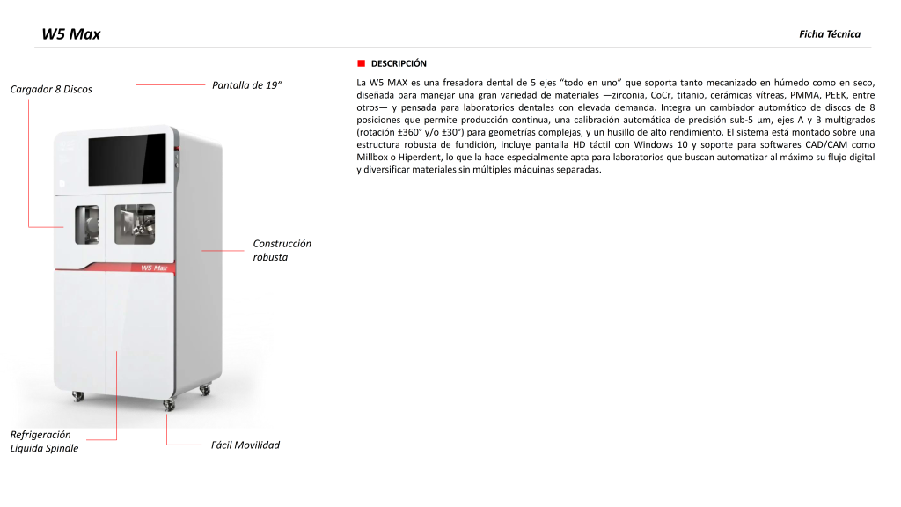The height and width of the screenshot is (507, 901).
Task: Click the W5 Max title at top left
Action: (71, 34)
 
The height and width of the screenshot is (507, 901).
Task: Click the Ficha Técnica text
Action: (829, 34)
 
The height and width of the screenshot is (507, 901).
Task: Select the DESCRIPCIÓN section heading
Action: (399, 64)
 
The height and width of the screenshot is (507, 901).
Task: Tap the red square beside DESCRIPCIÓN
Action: (361, 64)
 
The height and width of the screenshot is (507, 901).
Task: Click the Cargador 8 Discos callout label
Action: (50, 89)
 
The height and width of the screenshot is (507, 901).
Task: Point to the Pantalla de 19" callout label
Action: (247, 85)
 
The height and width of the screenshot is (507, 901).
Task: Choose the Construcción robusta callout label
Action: (282, 250)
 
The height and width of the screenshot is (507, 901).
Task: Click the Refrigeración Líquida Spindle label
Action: (44, 441)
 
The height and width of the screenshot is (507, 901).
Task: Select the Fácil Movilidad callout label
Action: (245, 445)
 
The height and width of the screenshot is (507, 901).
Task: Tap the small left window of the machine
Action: (86, 224)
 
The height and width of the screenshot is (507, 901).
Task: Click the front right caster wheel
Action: (168, 404)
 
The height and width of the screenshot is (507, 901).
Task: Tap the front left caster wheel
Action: (77, 396)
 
